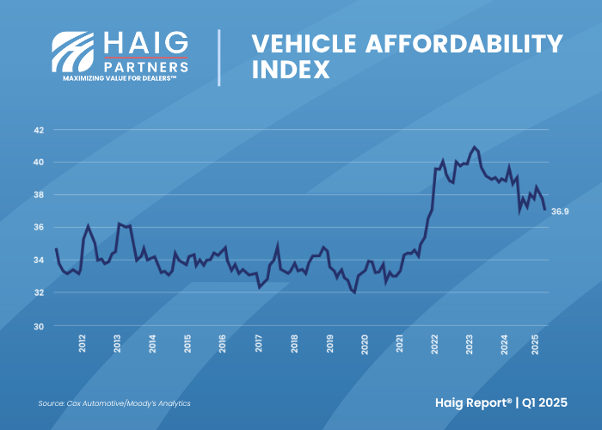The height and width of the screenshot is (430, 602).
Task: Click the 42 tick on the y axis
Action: pyautogui.click(x=38, y=130)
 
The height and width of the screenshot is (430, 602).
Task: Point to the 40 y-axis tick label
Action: pyautogui.click(x=38, y=163)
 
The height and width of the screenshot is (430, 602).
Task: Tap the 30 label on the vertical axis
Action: pyautogui.click(x=38, y=326)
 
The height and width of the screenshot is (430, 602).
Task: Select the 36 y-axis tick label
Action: pyautogui.click(x=38, y=228)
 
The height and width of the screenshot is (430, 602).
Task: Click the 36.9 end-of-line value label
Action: pyautogui.click(x=559, y=210)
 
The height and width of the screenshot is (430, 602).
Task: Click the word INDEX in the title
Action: pyautogui.click(x=291, y=70)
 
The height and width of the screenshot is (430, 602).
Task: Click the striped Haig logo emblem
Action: pyautogui.click(x=74, y=52)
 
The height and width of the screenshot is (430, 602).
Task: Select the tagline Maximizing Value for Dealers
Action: pyautogui.click(x=120, y=77)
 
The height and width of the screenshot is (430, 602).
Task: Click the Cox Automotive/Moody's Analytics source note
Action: pyautogui.click(x=114, y=403)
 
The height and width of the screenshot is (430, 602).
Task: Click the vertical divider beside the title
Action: pyautogui.click(x=219, y=57)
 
